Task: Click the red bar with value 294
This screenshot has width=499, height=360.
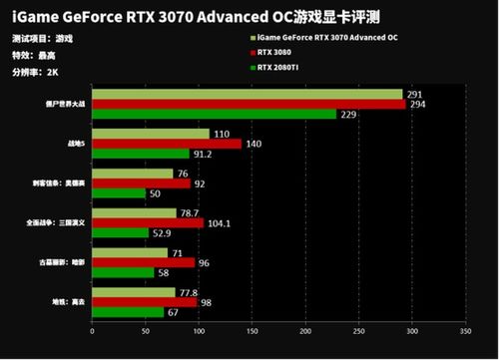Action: [249, 104]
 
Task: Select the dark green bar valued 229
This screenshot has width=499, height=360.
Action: [214, 114]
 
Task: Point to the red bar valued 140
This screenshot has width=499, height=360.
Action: [167, 144]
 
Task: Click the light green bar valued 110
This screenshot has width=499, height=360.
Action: [151, 134]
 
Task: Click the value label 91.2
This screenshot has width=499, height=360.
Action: [202, 154]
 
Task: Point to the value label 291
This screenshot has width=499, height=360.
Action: [414, 94]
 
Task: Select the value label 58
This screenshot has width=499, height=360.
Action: [162, 272]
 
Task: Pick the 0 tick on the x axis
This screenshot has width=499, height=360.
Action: [92, 331]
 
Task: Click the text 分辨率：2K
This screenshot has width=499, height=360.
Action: [33, 72]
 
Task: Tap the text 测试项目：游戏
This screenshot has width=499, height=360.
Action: [43, 38]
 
